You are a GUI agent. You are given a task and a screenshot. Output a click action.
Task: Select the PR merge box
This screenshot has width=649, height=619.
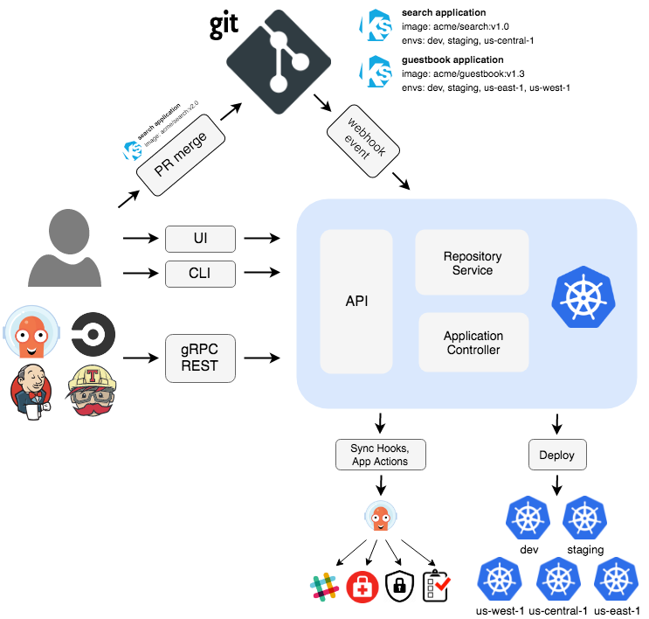coord(180,153)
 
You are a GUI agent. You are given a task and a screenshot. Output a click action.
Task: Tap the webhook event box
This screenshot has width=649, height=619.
coord(362,139)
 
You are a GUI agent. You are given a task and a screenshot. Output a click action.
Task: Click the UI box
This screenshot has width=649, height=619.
coord(201,237)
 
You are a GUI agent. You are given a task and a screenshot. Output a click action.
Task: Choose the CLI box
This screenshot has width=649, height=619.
coord(201,275)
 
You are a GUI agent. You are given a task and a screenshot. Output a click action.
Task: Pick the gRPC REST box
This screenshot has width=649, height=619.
coord(201,358)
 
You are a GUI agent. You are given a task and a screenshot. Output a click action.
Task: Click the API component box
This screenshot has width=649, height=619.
coord(356,301)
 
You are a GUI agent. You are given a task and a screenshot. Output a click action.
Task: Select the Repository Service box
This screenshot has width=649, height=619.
coord(472,263)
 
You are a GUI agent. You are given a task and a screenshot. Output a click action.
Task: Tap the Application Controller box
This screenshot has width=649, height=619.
coord(473,343)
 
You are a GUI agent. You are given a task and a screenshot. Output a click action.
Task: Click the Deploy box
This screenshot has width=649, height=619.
coord(557,455)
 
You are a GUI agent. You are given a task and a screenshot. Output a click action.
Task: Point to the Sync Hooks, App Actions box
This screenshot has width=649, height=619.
coord(379,455)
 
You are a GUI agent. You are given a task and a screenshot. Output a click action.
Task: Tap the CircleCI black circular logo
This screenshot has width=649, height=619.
coord(93,334)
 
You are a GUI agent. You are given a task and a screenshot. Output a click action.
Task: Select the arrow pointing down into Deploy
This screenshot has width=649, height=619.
coord(557,424)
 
